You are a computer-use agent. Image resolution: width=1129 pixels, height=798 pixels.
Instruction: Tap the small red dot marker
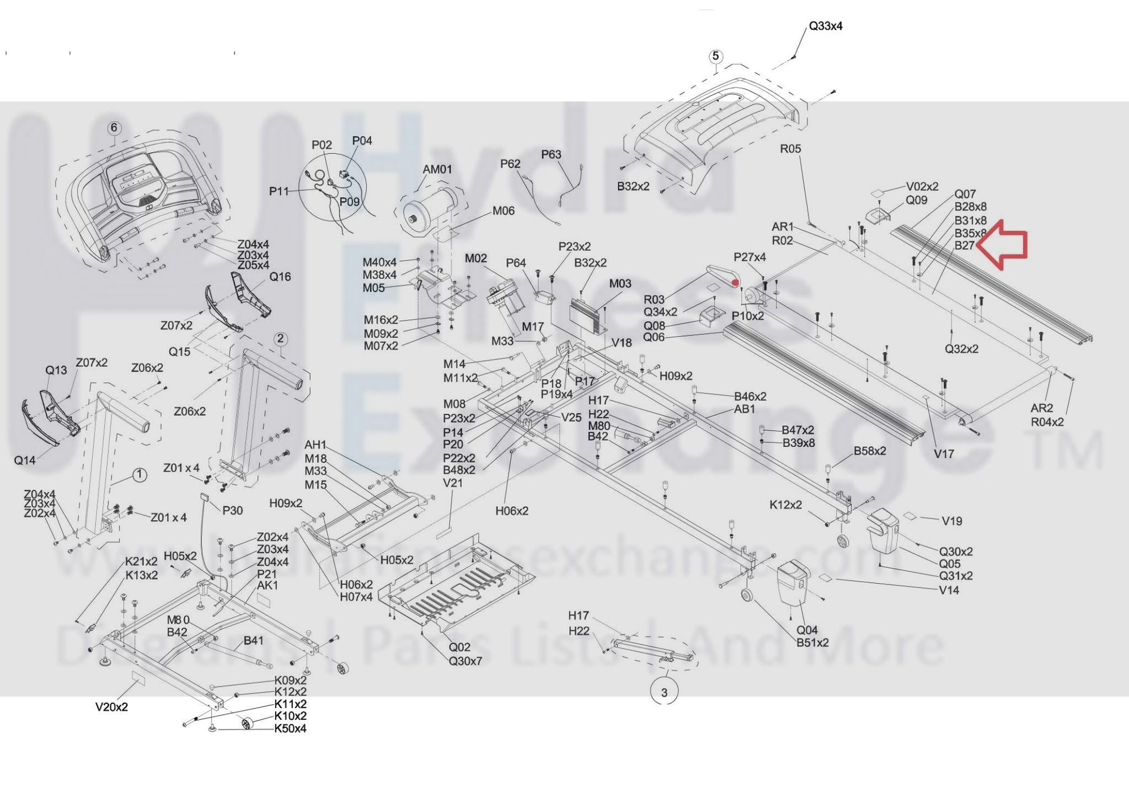click(x=735, y=283)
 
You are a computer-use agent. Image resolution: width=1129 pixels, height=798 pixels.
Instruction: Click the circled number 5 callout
click(x=715, y=56)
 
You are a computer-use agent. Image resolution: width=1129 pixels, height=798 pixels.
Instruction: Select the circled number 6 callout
click(x=114, y=128)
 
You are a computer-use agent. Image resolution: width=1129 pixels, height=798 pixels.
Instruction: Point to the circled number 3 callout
click(x=664, y=693)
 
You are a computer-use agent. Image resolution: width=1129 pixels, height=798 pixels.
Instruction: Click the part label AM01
click(x=437, y=169)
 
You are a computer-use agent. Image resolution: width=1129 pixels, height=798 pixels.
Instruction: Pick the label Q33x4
click(x=825, y=26)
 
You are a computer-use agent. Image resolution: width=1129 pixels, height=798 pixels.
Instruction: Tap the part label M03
click(x=620, y=283)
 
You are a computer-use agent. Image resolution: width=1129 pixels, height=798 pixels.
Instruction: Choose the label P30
click(x=232, y=511)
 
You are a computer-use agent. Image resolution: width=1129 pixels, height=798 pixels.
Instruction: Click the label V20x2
click(x=111, y=707)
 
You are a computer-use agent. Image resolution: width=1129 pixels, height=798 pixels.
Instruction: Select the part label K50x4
click(x=290, y=729)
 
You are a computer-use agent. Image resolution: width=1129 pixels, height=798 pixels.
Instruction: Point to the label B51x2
click(x=812, y=642)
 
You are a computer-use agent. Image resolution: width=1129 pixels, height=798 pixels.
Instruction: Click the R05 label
click(x=790, y=148)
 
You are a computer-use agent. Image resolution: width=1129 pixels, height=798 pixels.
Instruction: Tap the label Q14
click(x=24, y=460)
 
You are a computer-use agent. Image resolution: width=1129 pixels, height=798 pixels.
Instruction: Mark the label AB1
click(x=745, y=409)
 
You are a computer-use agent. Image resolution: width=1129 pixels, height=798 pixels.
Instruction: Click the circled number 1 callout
click(x=140, y=475)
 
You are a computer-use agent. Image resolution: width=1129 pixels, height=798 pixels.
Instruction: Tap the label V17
click(x=944, y=454)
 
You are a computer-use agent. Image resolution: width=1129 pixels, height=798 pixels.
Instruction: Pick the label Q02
click(x=459, y=647)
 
